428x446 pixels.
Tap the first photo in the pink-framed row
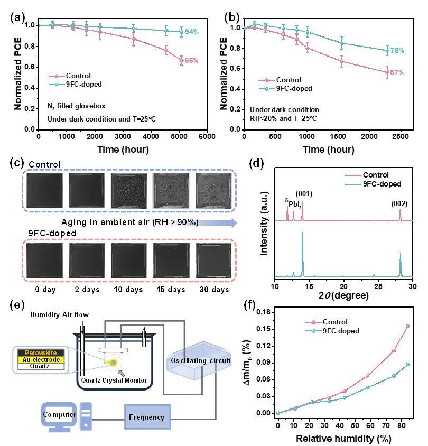click(44, 261)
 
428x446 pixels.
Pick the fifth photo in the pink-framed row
click(214, 261)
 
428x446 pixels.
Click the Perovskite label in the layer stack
click(41, 352)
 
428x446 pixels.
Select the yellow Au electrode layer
click(41, 359)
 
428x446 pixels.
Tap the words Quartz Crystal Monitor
click(114, 380)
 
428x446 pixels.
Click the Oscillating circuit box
click(201, 361)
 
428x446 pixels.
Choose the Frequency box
click(146, 417)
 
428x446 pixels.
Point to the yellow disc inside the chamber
click(113, 362)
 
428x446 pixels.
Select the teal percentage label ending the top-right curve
click(398, 51)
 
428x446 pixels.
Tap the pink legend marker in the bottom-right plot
click(313, 322)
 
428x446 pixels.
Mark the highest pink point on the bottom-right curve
click(407, 326)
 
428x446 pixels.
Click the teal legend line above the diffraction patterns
click(352, 184)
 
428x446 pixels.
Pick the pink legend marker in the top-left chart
click(57, 77)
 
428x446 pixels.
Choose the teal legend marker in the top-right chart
click(267, 89)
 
